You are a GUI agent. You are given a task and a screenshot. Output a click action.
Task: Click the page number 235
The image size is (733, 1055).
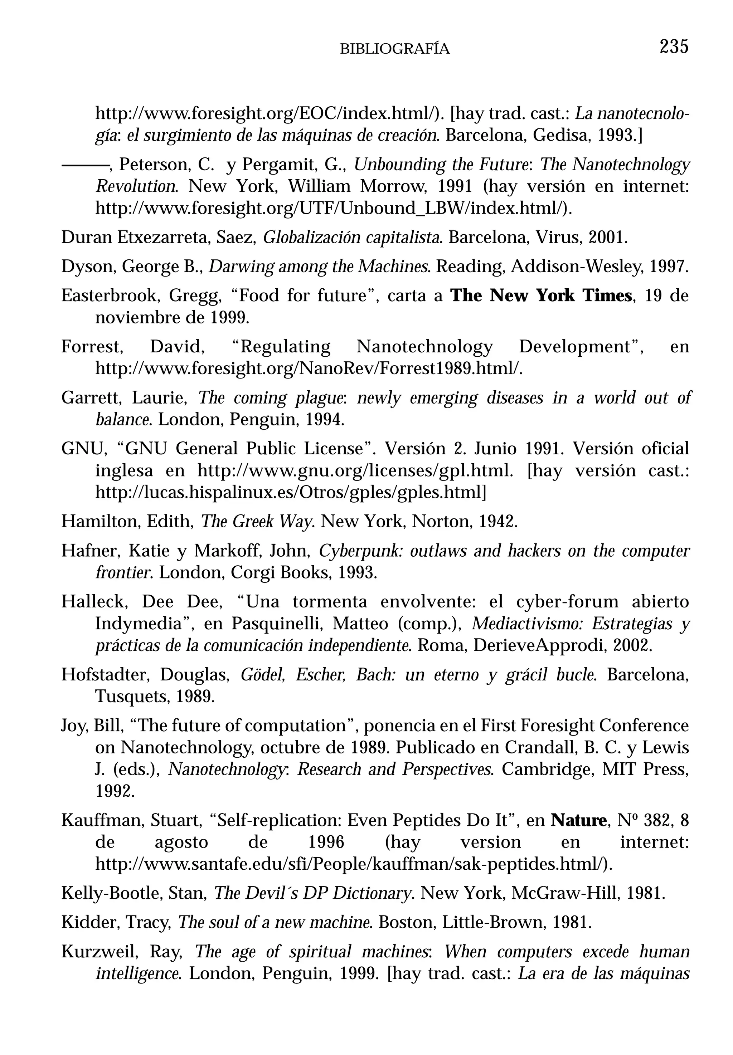[674, 47]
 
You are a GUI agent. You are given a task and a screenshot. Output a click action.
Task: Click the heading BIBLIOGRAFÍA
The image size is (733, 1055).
[394, 49]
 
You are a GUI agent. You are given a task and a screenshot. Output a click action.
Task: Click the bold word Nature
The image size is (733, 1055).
[578, 820]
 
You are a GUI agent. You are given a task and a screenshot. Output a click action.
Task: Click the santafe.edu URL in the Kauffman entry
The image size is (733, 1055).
[354, 864]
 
